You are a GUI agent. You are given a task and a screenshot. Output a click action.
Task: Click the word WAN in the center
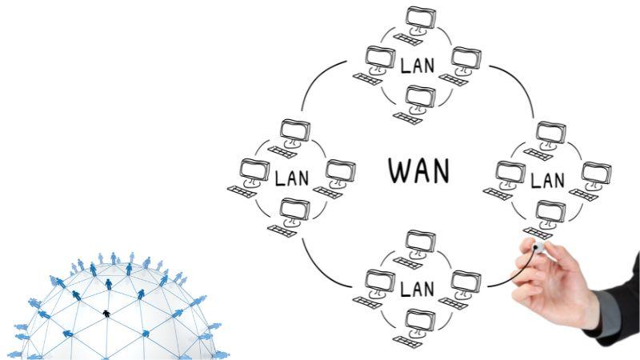click(418, 170)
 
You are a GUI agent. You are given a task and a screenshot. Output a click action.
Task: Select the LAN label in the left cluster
click(291, 177)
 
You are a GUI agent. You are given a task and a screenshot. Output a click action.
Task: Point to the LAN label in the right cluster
click(548, 179)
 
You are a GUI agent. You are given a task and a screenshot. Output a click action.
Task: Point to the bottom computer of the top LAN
click(418, 101)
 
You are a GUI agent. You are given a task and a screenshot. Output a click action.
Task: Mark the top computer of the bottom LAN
click(418, 245)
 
